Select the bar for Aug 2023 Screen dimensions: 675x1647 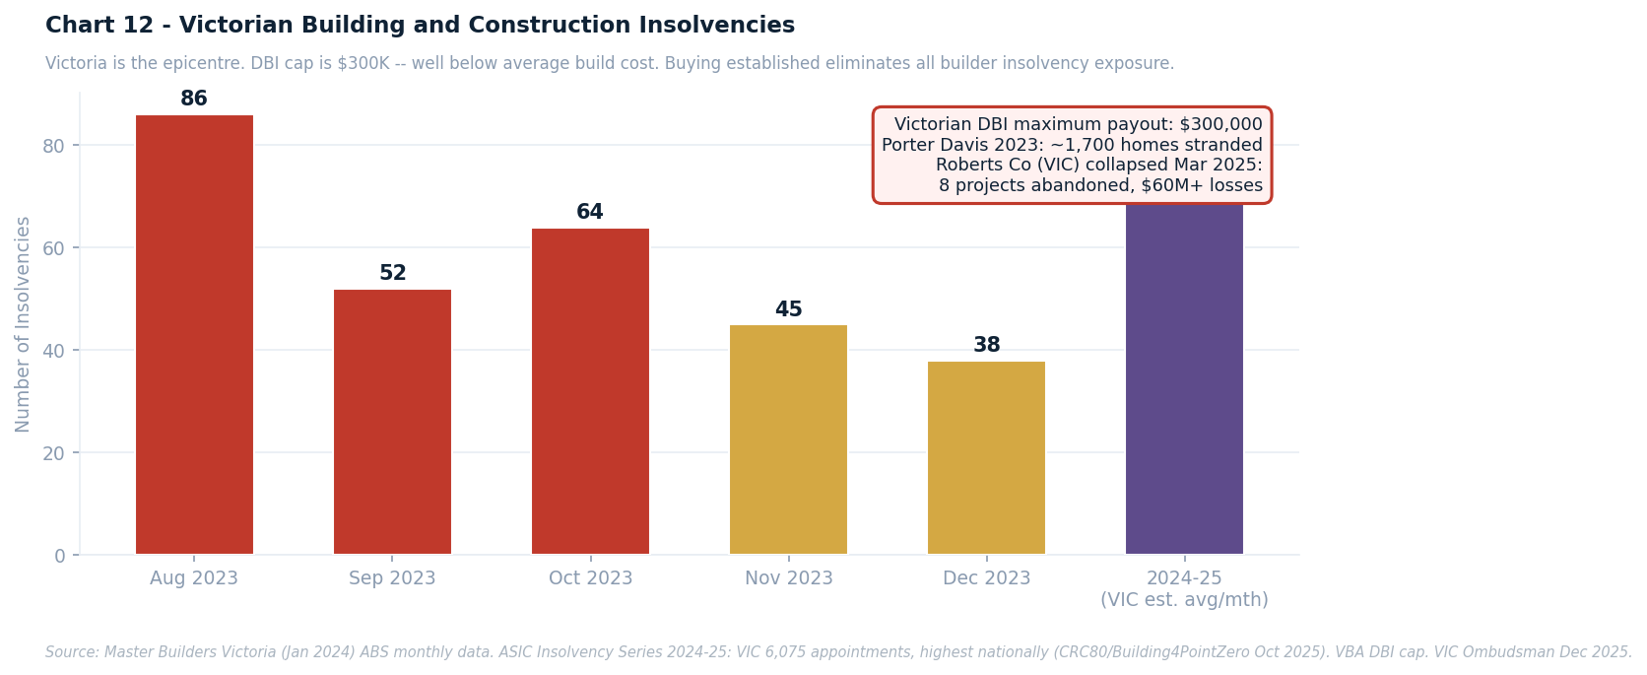pyautogui.click(x=194, y=335)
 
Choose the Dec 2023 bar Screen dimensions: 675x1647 pyautogui.click(x=986, y=458)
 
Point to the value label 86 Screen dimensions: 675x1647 pyautogui.click(x=194, y=100)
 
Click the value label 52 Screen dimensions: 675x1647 pyautogui.click(x=392, y=274)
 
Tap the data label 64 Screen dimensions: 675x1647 pyautogui.click(x=590, y=213)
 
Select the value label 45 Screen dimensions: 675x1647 pyautogui.click(x=788, y=310)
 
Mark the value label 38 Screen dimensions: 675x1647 pyautogui.click(x=986, y=346)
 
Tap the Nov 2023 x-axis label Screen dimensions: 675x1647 pyautogui.click(x=788, y=578)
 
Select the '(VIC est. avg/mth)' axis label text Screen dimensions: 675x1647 pyautogui.click(x=1184, y=600)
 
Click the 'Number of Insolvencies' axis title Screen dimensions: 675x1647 pyautogui.click(x=24, y=324)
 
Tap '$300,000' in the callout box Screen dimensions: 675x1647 pyautogui.click(x=1220, y=124)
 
